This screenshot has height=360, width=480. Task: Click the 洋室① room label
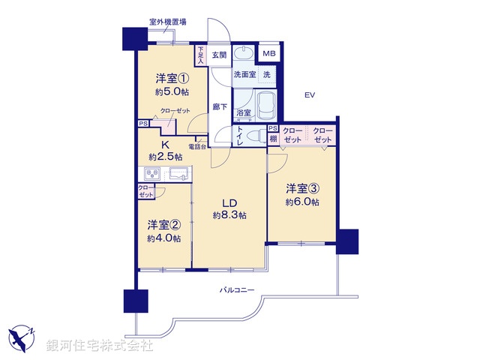coord(172,78)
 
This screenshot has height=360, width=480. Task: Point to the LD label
coord(229,202)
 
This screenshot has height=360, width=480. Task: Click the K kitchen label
coord(165,145)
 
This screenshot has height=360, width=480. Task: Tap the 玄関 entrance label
coord(219,55)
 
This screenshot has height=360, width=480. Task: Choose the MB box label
coord(268,55)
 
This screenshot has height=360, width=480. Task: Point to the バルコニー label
coord(238,289)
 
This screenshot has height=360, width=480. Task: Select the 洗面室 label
coord(244,75)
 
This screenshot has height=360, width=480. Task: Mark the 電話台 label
coord(198,146)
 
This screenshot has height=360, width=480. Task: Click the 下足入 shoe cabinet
coord(201,54)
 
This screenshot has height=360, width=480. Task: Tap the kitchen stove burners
coord(146,175)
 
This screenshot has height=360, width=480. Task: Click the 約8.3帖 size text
coord(229,215)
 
